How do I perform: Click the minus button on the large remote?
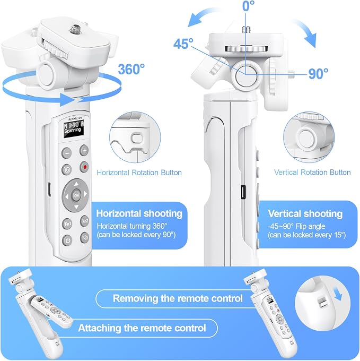[67, 153]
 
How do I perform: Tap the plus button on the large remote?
[84, 151]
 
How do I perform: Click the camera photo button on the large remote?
[67, 170]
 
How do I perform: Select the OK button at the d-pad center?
[76, 195]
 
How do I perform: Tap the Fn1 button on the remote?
[67, 224]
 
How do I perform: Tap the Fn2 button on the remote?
[85, 221]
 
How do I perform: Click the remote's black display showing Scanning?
[74, 129]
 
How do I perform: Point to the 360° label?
[131, 68]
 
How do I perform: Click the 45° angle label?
[183, 44]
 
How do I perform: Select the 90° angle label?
[318, 74]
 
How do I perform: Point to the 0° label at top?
[248, 6]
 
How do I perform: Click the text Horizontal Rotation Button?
[139, 173]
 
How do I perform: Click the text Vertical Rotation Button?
[312, 173]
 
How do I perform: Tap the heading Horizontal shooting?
[139, 213]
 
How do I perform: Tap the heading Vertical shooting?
[305, 213]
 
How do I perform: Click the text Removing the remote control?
[178, 298]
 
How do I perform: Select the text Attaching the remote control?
[142, 328]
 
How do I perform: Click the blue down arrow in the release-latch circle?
[338, 295]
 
